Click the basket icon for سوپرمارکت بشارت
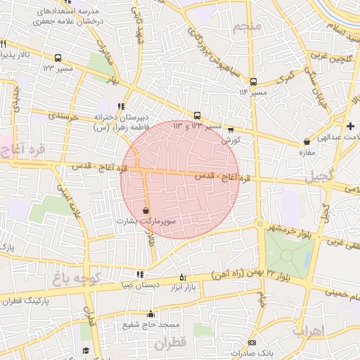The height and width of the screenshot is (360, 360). coord(146,210)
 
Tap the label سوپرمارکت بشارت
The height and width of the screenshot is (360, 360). coord(146,221)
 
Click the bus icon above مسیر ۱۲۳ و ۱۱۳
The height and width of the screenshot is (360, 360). coord(197,116)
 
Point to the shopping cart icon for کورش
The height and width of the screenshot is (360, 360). coord(230,129)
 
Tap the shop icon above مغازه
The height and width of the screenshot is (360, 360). coord(306,141)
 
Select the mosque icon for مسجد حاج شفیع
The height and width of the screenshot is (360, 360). coord(150,314)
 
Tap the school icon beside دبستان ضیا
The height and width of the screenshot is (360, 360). coord(140,274)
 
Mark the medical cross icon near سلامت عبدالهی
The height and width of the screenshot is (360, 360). coord(350,125)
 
